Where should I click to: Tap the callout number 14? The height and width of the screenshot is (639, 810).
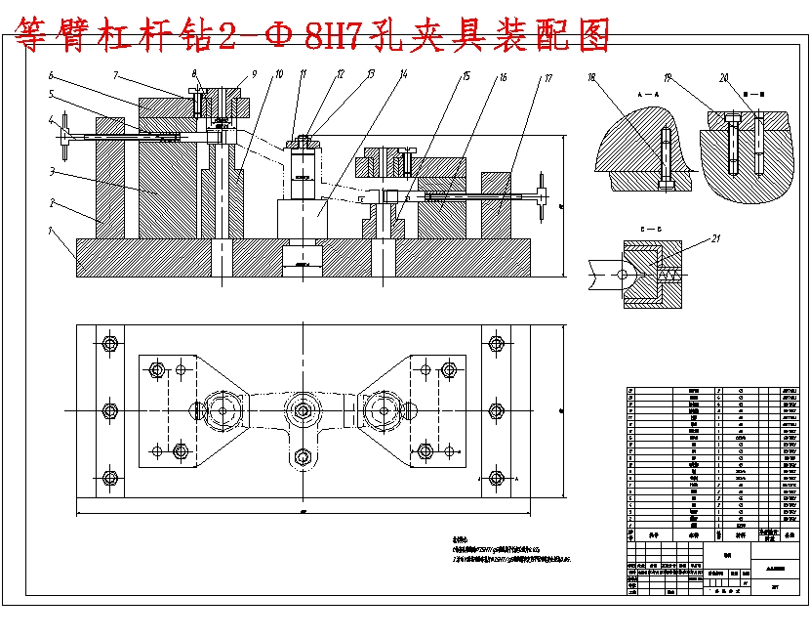click(x=403, y=73)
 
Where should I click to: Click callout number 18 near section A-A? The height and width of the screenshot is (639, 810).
click(x=591, y=76)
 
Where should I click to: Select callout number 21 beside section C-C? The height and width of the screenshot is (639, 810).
click(x=716, y=237)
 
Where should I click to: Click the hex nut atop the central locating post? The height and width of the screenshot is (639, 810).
click(x=304, y=143)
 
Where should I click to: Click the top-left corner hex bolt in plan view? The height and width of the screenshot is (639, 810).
click(x=108, y=344)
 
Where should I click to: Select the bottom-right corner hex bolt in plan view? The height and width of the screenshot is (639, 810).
click(x=496, y=478)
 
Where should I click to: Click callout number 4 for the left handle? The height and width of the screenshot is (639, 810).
click(x=51, y=119)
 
